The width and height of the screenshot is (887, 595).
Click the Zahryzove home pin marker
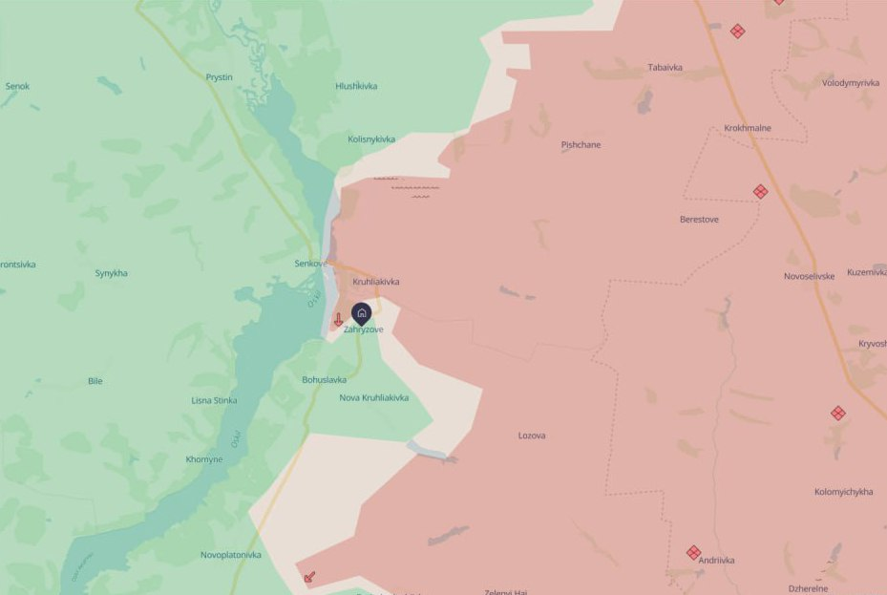tap(361, 312)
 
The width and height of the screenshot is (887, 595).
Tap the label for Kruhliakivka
tap(375, 282)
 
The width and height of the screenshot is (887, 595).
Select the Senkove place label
tap(311, 263)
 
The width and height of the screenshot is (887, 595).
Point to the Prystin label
tap(219, 76)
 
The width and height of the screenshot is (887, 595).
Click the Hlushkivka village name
tap(356, 86)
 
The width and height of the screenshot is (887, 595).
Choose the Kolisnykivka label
tap(371, 138)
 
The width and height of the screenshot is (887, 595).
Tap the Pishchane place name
tap(581, 144)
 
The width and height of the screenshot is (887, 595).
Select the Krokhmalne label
tap(748, 128)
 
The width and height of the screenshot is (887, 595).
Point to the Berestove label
tap(699, 219)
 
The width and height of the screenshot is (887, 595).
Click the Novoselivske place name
tap(809, 276)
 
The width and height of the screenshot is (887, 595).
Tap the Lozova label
tap(532, 436)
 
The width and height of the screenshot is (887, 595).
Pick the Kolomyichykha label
tap(843, 492)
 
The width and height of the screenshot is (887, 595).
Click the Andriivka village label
tap(716, 561)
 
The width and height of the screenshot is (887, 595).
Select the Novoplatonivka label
tap(230, 555)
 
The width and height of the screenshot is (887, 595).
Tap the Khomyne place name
tap(204, 459)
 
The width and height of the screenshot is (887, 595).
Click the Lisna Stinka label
tap(214, 400)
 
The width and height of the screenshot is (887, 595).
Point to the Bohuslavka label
tap(324, 379)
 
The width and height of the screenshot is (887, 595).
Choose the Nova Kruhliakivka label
tap(374, 397)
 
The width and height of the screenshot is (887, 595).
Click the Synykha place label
tap(111, 273)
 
